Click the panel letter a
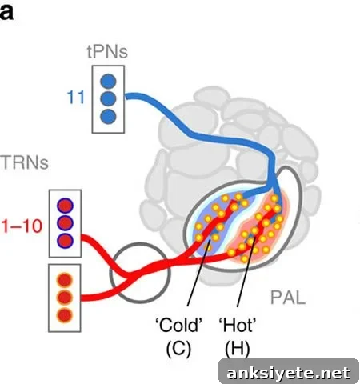6,12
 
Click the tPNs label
107,51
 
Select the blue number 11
75,97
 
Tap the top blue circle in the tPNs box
108,82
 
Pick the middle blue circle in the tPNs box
108,99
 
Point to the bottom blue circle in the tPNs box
108,117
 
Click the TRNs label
25,162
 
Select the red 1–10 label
22,226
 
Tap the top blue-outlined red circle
65,206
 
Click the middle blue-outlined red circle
65,223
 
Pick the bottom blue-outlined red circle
65,241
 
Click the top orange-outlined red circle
65,280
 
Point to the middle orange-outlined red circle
65,298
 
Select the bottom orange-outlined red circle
65,315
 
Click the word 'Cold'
178,325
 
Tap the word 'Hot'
238,325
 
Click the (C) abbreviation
178,348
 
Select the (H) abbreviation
238,348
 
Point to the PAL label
288,298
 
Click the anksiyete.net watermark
289,373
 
